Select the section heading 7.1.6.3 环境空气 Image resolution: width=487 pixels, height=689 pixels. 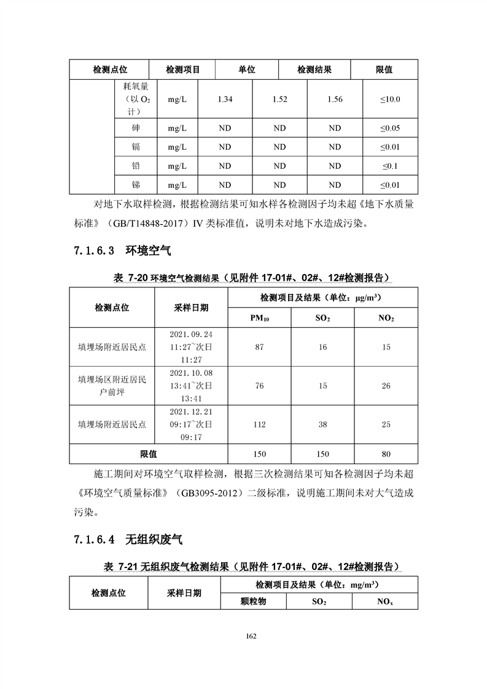(122, 251)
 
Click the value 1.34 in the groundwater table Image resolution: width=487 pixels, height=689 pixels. (225, 99)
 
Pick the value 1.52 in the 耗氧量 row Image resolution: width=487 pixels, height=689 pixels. (279, 99)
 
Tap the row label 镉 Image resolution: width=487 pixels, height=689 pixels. (136, 147)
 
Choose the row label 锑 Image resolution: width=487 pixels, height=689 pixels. (136, 185)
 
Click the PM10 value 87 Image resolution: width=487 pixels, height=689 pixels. (259, 347)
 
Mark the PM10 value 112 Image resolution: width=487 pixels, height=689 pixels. (259, 424)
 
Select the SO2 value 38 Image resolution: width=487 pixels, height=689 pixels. (322, 424)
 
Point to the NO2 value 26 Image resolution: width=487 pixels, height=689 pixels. (386, 386)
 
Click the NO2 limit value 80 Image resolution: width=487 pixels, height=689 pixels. (386, 454)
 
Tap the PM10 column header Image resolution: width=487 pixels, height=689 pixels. (259, 318)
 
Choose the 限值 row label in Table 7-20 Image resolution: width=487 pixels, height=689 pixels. (148, 454)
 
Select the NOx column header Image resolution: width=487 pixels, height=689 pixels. (385, 602)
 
